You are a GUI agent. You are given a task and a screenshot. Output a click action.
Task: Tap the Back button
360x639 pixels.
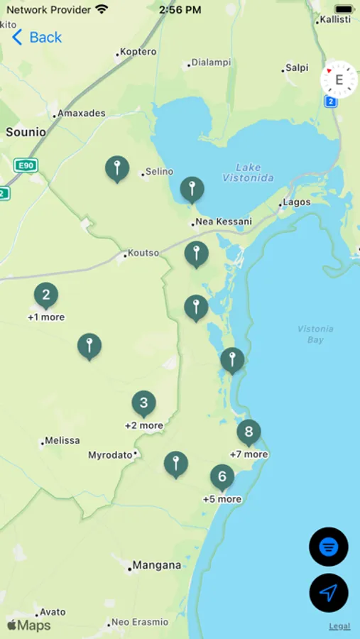pyautogui.click(x=37, y=37)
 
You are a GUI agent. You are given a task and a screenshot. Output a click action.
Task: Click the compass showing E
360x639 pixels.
pyautogui.click(x=339, y=80)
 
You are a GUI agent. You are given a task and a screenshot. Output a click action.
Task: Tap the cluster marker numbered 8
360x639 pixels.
pyautogui.click(x=249, y=431)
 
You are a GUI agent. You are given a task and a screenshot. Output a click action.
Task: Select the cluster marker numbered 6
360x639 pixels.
pyautogui.click(x=222, y=476)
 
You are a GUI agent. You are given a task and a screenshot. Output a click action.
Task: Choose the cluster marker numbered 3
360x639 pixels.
pyautogui.click(x=143, y=403)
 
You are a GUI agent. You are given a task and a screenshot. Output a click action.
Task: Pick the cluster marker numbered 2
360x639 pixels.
pyautogui.click(x=46, y=295)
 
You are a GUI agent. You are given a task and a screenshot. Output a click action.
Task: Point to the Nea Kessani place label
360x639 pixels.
pyautogui.click(x=223, y=222)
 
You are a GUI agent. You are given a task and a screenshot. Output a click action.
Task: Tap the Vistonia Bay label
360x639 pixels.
pyautogui.click(x=316, y=334)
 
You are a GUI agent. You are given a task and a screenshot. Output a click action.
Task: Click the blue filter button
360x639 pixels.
pyautogui.click(x=328, y=547)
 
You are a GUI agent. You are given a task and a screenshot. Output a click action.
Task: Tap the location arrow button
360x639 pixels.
pyautogui.click(x=328, y=592)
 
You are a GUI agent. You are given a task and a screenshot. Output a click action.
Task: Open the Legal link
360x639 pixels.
pyautogui.click(x=339, y=626)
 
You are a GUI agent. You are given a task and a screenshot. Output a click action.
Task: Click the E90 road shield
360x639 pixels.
pyautogui.click(x=25, y=165)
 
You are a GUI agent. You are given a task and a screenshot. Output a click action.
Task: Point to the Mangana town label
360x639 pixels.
pyautogui.click(x=156, y=566)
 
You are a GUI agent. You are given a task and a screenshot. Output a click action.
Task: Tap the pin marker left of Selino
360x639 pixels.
pyautogui.click(x=117, y=168)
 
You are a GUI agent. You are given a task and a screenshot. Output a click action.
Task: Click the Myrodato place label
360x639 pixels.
pyautogui.click(x=110, y=455)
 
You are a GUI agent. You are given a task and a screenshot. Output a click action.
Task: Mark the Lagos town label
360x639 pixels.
pyautogui.click(x=296, y=202)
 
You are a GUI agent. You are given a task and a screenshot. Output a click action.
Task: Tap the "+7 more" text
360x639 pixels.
pyautogui.click(x=249, y=454)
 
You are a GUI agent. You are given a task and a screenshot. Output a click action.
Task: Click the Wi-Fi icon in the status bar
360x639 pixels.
pyautogui.click(x=102, y=10)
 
